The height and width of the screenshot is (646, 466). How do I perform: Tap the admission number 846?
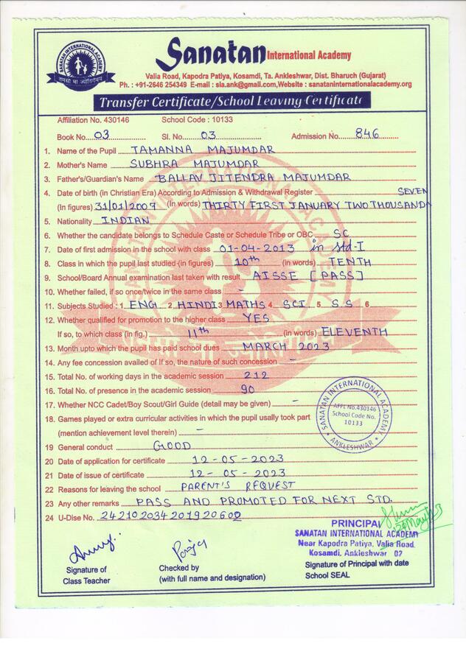pyautogui.click(x=366, y=134)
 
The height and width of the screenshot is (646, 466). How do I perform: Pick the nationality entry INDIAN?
pyautogui.click(x=125, y=220)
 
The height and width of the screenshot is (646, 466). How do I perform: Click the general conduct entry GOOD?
pyautogui.click(x=172, y=446)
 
